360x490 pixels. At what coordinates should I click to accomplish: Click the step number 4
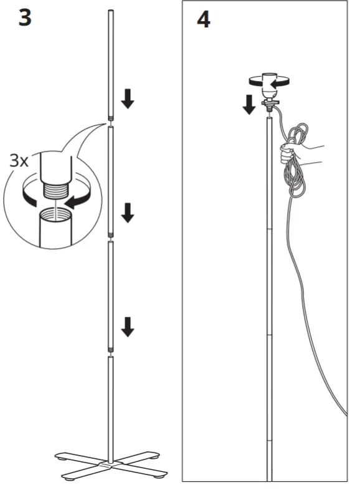tap(203, 19)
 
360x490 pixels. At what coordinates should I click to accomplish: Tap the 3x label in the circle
tap(19, 160)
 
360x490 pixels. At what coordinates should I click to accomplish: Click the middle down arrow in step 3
tap(128, 213)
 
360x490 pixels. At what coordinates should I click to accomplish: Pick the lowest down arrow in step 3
tap(128, 326)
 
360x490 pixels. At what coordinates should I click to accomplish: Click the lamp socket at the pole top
tap(268, 87)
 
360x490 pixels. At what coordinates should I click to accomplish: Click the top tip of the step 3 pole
tap(111, 12)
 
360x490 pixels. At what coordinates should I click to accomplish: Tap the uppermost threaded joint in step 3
tap(111, 119)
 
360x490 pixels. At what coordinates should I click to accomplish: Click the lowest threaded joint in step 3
tap(111, 352)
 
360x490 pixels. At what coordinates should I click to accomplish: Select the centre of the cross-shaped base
tap(111, 464)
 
